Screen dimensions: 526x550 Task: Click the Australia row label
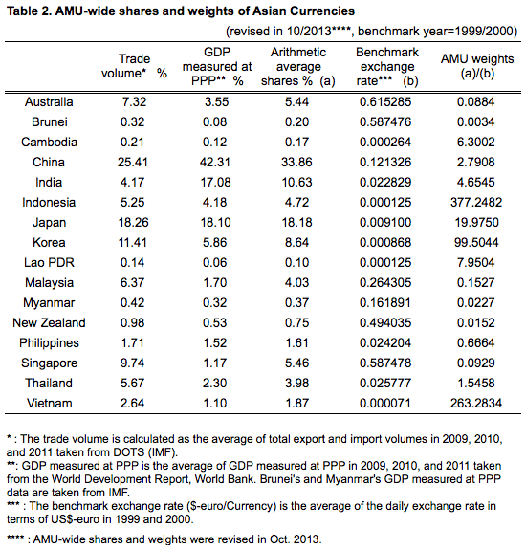[x=49, y=101]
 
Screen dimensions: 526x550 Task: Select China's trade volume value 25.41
[x=133, y=162]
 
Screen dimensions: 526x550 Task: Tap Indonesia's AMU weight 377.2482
[x=476, y=203]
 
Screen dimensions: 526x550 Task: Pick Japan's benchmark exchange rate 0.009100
[x=385, y=222]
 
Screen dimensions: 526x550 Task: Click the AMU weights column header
[x=477, y=66]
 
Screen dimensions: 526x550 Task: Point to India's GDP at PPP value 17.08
[x=215, y=183]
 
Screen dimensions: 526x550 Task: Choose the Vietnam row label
[x=49, y=403]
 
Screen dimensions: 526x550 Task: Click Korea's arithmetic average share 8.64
[x=296, y=242]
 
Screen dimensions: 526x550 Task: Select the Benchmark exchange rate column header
[x=387, y=66]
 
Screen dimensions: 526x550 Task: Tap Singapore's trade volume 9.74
[x=132, y=363]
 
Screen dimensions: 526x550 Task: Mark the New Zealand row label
[x=49, y=322]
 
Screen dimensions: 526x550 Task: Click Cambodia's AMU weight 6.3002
[x=476, y=143]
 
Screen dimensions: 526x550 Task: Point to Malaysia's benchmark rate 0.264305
[x=385, y=283]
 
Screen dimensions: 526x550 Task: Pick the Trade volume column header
[x=134, y=66]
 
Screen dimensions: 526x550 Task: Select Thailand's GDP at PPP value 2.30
[x=214, y=383]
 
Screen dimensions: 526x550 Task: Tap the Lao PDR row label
[x=49, y=262]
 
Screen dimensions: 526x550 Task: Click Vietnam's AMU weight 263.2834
[x=476, y=403]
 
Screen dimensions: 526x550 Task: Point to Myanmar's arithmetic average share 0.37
[x=296, y=302]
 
